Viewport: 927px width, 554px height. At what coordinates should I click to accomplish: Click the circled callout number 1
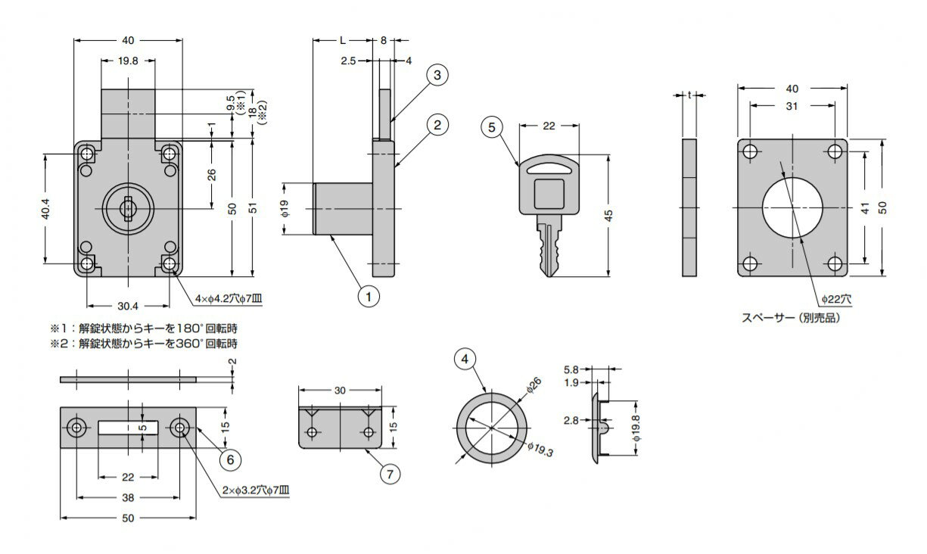pos(369,296)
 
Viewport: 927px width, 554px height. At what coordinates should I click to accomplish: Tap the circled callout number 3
pos(437,75)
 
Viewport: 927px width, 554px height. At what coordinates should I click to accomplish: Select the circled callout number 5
pos(492,127)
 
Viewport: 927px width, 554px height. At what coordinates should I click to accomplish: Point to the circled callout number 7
pos(390,474)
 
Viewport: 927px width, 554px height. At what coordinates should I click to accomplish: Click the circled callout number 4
pos(465,359)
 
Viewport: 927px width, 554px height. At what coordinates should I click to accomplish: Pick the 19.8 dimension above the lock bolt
pos(128,61)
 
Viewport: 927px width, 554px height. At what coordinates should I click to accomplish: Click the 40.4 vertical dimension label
pos(45,209)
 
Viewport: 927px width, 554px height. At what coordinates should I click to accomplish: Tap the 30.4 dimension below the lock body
pos(128,307)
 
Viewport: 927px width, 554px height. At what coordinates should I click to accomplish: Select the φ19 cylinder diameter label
pos(285,209)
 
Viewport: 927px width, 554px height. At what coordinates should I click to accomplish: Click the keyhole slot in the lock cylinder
pos(128,206)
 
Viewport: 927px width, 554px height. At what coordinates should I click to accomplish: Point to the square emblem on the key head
pos(549,194)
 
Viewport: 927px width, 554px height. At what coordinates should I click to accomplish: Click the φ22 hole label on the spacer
pos(837,299)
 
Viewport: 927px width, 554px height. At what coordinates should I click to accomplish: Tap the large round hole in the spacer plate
pos(792,208)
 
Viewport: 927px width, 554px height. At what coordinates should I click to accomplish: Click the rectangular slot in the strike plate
pos(129,428)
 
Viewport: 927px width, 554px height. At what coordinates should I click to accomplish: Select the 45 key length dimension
pos(608,216)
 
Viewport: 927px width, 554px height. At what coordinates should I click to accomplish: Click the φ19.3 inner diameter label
pos(540,450)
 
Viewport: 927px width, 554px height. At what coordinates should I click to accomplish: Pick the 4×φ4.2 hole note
pos(229,299)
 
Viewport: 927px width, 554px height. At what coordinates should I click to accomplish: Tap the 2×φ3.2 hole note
pos(256,490)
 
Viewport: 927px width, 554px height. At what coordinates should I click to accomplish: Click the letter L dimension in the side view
pos(343,40)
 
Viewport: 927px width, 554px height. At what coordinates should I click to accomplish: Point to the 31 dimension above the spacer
pos(792,106)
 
